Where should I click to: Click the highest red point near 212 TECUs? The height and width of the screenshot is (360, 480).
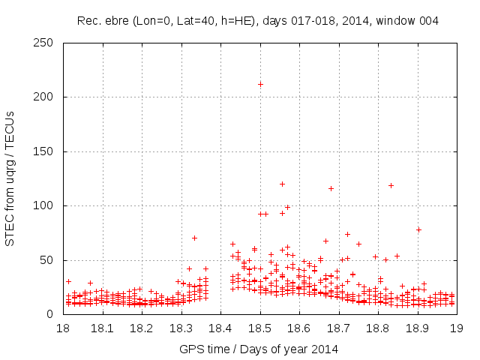[260, 84]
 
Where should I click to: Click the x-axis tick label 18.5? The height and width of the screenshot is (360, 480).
[259, 328]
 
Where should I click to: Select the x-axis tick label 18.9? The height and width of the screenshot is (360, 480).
[417, 328]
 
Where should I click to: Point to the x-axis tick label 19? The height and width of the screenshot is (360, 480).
[456, 328]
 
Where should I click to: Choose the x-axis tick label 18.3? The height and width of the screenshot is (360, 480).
[181, 328]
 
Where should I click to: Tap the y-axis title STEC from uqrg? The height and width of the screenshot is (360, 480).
[10, 178]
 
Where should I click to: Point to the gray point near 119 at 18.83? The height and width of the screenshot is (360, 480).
[391, 185]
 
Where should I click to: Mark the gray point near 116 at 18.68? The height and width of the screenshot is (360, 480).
[331, 188]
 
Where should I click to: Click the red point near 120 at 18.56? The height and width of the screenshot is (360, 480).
[282, 184]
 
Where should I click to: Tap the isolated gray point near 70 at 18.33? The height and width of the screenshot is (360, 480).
[194, 238]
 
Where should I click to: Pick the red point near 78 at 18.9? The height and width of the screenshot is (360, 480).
[418, 229]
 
